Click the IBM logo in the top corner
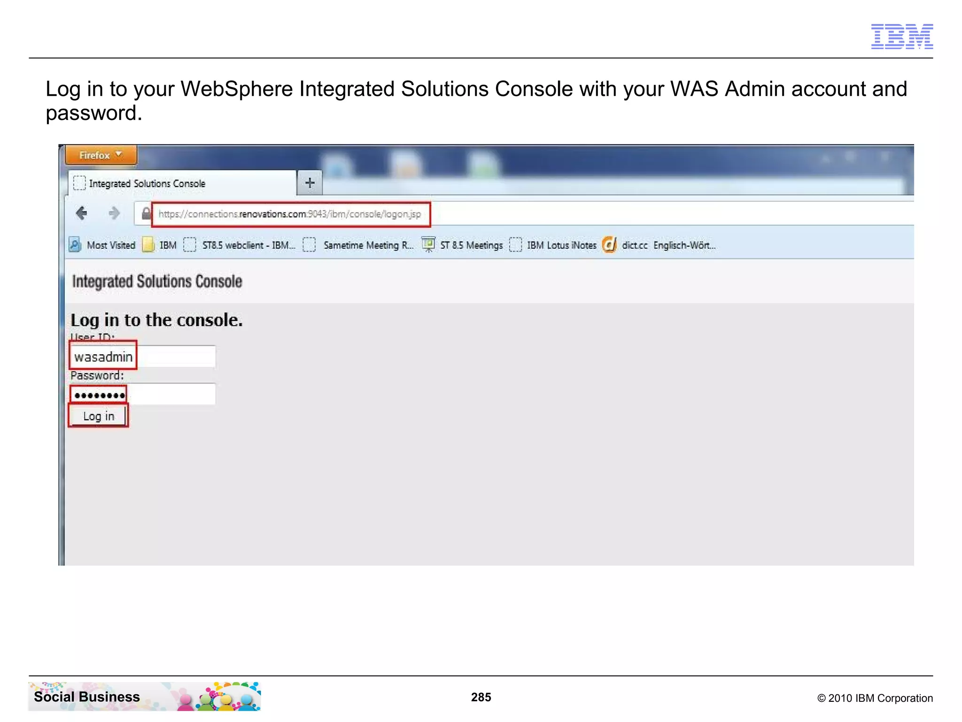pos(901,36)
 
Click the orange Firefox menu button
pos(101,155)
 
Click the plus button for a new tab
pos(310,183)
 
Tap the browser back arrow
pos(82,213)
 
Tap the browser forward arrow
pos(114,213)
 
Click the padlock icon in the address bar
pos(146,214)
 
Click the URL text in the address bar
pos(289,214)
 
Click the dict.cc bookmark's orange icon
pos(609,245)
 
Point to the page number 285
pos(481,697)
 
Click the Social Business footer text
pos(87,697)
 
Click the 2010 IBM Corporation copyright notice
pos(875,698)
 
